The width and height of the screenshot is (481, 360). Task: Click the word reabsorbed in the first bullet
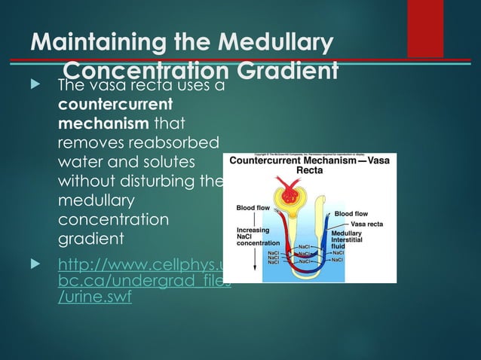point(174,143)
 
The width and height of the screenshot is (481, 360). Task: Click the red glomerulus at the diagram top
point(287,195)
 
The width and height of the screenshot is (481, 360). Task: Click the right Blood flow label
point(350,213)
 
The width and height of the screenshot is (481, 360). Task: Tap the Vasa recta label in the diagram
point(367,224)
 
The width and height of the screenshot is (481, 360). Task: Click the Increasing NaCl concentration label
point(259,236)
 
